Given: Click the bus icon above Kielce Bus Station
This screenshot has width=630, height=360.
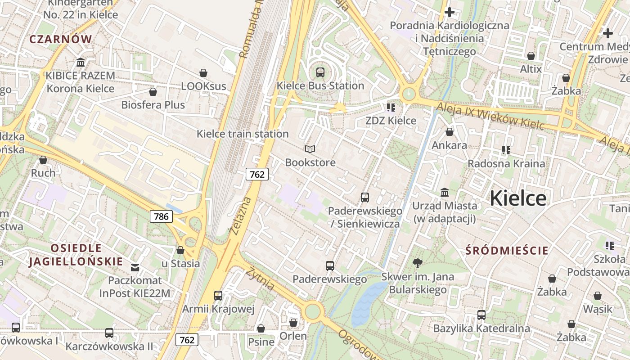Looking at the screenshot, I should (x=320, y=72).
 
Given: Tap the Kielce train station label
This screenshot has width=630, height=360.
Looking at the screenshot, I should (x=243, y=134).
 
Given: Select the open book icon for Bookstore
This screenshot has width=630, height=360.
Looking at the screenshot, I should (x=310, y=149).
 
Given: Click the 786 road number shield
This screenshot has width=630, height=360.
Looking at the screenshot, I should (x=161, y=216).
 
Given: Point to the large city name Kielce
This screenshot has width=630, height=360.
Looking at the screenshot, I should (x=517, y=198).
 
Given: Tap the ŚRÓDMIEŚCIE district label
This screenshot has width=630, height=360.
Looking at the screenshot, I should (x=507, y=251).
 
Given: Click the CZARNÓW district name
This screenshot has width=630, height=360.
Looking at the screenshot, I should (x=61, y=39).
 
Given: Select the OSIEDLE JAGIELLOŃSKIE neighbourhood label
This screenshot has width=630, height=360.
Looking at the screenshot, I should (x=76, y=255).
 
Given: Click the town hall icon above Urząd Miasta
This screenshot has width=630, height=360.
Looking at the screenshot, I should (x=445, y=193).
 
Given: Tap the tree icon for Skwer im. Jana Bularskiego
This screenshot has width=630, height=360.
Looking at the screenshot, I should (x=418, y=263).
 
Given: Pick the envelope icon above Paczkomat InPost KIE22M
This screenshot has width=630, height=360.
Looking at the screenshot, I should (x=135, y=268).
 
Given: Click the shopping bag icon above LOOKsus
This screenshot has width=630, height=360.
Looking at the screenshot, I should (x=203, y=73).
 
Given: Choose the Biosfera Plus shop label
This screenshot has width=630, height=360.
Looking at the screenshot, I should (x=153, y=105).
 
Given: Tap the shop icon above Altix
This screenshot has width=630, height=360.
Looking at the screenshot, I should (x=531, y=56).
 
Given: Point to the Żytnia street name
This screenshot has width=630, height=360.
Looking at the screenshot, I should (x=260, y=278).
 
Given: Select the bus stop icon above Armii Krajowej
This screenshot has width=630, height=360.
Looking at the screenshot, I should (x=218, y=296).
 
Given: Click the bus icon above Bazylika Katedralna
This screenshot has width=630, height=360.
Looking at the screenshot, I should (x=481, y=315).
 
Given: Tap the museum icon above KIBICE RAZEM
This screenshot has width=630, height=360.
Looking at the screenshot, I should (x=81, y=62).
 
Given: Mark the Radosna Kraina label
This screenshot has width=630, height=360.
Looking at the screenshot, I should (x=506, y=163).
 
